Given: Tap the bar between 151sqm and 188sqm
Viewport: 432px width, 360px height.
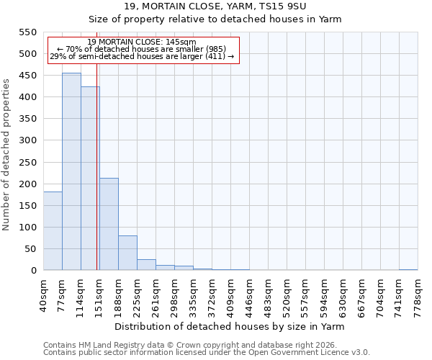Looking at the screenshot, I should point(109,224).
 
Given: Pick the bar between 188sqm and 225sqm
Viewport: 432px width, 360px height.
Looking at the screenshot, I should point(127,253).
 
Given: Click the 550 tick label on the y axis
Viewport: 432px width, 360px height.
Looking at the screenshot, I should point(27,32).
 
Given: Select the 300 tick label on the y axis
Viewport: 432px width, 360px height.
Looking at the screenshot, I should point(27,140).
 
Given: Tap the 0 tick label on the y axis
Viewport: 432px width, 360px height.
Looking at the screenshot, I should point(34,271).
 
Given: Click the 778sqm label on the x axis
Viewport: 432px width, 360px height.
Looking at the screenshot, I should point(418,294).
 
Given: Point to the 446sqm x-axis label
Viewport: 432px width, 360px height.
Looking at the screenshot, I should point(249,294).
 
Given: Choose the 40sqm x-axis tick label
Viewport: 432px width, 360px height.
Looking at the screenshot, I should point(43,293).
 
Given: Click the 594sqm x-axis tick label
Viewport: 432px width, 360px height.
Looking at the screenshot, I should point(324,294).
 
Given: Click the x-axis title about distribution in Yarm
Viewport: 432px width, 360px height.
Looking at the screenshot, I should point(230,326).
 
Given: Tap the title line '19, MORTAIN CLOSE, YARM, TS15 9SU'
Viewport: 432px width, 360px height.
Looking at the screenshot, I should point(215,6).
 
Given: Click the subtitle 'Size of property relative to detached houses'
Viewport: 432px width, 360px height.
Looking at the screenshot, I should point(215,19).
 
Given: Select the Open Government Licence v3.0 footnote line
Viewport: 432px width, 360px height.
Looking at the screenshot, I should point(207,353).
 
